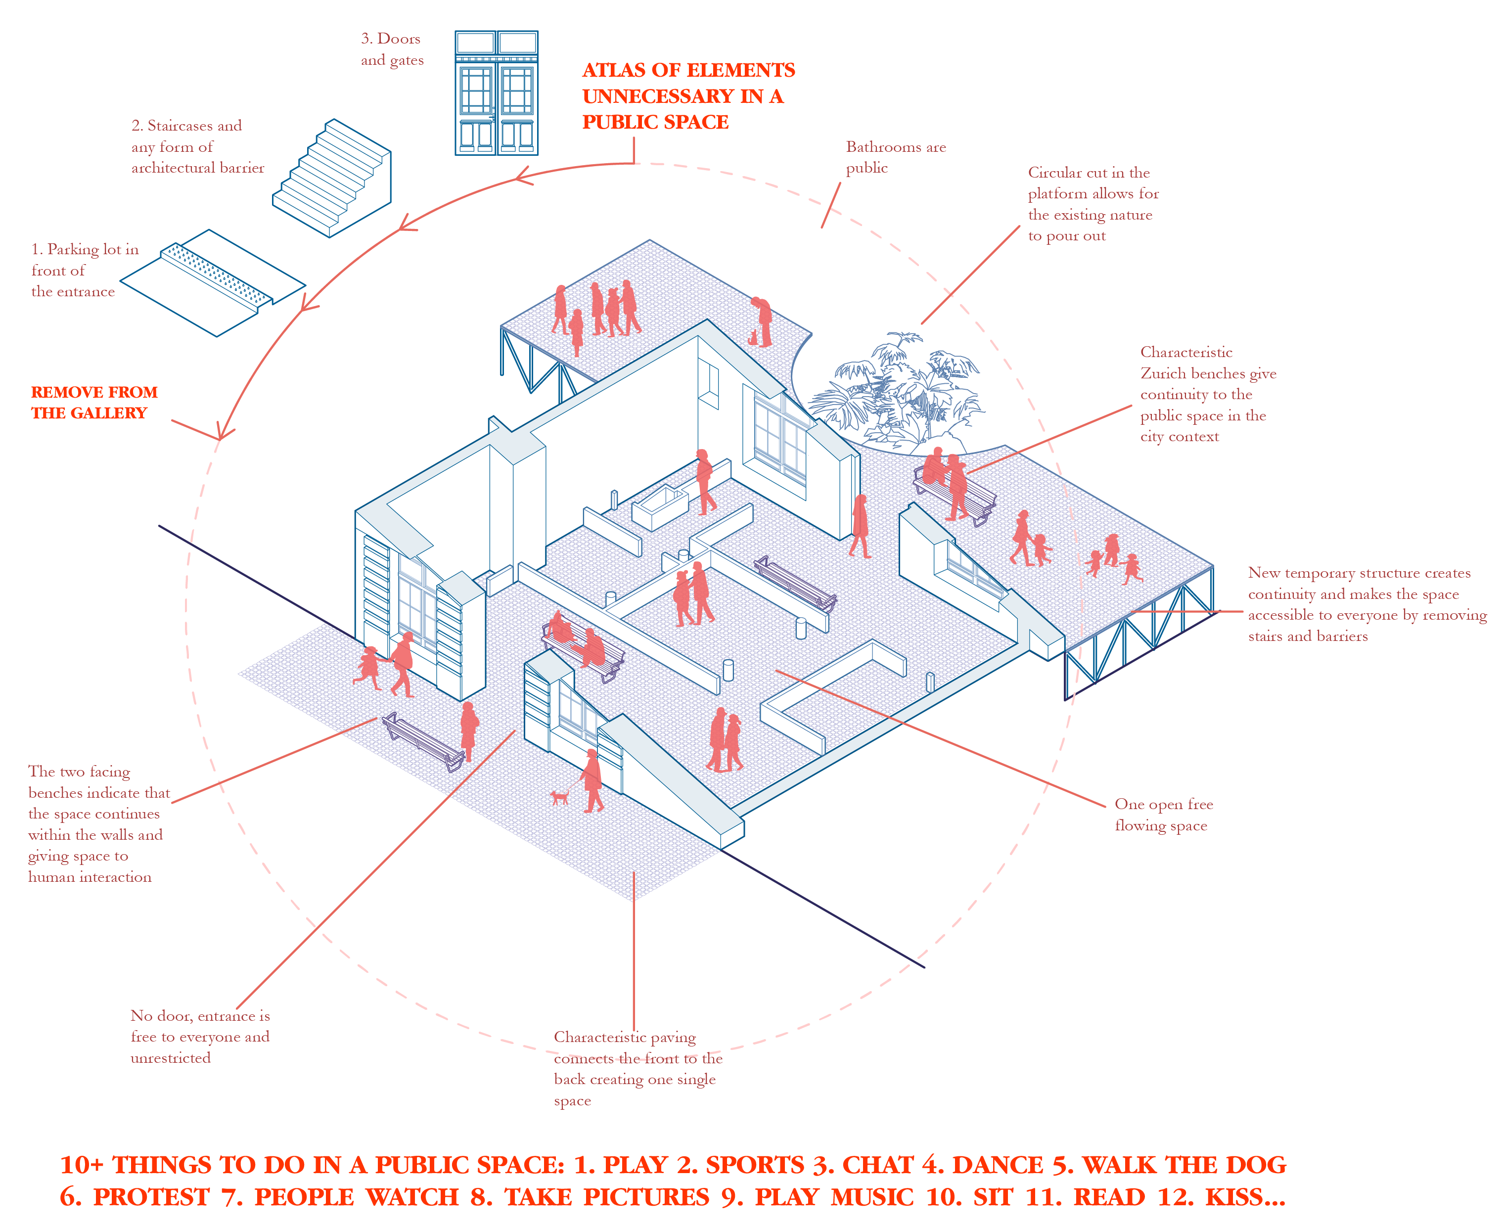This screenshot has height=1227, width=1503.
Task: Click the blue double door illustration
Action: [x=496, y=92]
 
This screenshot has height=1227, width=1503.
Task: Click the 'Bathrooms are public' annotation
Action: [x=895, y=157]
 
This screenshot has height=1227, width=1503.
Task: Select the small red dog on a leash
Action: [x=560, y=797]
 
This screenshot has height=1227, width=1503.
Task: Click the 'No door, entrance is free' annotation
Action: [x=200, y=1036]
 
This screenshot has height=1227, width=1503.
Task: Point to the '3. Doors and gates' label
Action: [x=392, y=49]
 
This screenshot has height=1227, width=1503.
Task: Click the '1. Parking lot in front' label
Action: [x=84, y=270]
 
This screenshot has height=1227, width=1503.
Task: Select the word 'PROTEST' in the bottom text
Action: [x=151, y=1197]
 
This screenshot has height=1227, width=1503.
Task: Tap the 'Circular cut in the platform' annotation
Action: [x=1093, y=204]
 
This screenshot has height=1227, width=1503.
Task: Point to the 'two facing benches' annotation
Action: [x=98, y=823]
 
